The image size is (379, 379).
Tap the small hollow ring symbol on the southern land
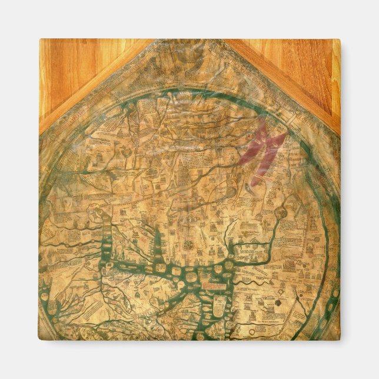point(277,302)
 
